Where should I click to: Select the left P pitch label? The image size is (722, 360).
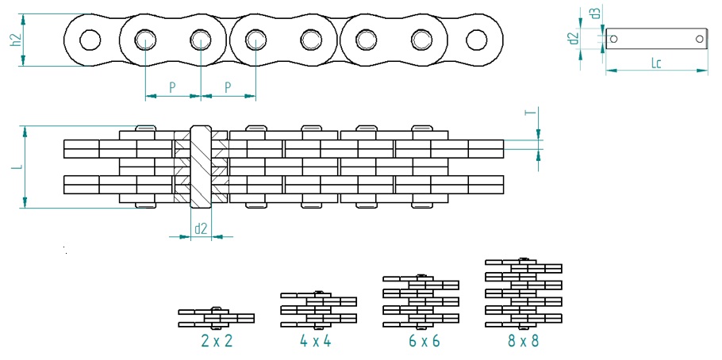[172, 86]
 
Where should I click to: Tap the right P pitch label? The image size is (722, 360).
[229, 86]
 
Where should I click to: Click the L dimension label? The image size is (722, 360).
[14, 167]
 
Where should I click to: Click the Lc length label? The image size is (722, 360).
[656, 63]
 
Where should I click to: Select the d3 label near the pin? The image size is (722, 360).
[595, 13]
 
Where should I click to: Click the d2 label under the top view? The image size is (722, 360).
[201, 229]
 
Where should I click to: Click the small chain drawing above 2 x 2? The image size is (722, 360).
[216, 317]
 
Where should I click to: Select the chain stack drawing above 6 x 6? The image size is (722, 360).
[421, 300]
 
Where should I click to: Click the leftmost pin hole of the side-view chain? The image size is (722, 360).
[90, 39]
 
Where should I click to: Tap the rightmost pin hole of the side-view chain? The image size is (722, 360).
[476, 39]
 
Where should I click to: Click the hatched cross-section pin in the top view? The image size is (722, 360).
[201, 167]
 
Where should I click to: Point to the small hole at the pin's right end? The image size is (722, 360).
[699, 38]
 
